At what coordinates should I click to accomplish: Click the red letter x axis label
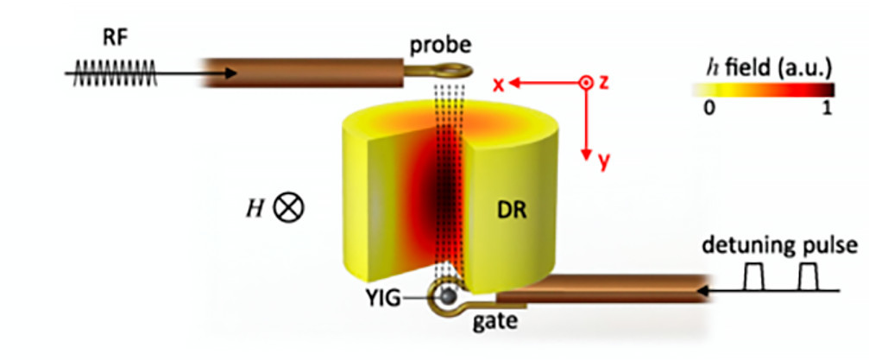click(x=498, y=83)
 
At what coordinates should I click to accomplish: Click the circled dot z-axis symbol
click(x=586, y=83)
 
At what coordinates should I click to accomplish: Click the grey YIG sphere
click(x=449, y=299)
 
